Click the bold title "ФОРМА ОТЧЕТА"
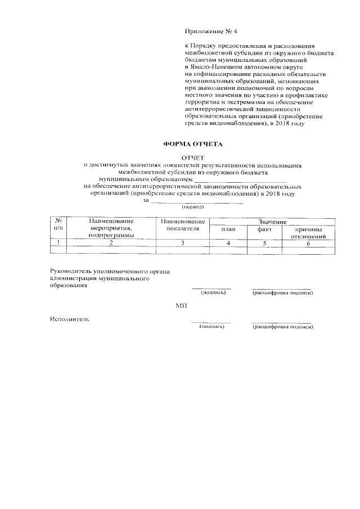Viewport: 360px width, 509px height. pyautogui.click(x=193, y=144)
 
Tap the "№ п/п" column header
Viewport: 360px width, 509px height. pyautogui.click(x=58, y=225)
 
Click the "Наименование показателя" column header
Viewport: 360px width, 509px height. pyautogui.click(x=183, y=225)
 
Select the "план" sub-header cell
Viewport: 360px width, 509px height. pyautogui.click(x=228, y=231)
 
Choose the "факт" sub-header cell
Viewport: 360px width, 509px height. pyautogui.click(x=264, y=231)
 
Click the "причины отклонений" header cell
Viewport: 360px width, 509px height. pyautogui.click(x=308, y=233)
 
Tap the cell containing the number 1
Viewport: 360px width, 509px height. pyautogui.click(x=58, y=242)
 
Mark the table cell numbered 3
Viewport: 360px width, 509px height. pyautogui.click(x=183, y=242)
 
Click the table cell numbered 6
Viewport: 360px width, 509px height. pyautogui.click(x=308, y=242)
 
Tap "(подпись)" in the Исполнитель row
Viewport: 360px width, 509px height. pyautogui.click(x=212, y=326)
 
